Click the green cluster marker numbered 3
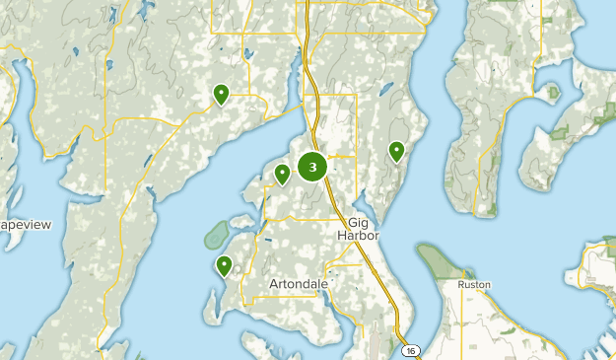click(x=312, y=167)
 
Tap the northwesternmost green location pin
click(x=222, y=94)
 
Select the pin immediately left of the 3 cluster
click(x=283, y=174)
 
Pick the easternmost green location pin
click(x=396, y=150)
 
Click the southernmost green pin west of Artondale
click(x=225, y=264)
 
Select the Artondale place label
click(x=298, y=283)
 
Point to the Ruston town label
click(x=474, y=284)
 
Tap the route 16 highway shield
click(x=408, y=349)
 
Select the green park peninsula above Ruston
click(x=438, y=260)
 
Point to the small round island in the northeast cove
click(x=553, y=93)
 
